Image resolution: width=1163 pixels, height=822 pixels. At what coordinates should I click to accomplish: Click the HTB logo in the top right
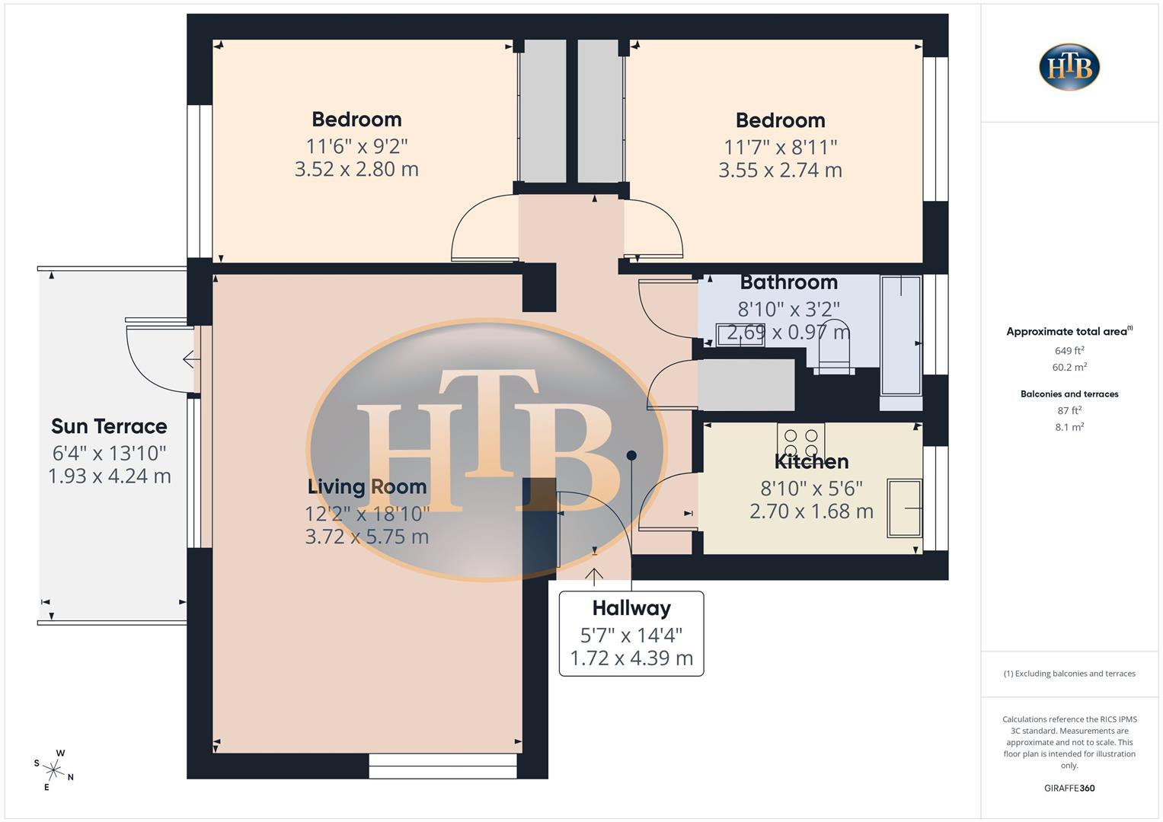tap(1069, 67)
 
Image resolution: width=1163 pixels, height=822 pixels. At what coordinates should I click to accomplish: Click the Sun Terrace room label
tap(109, 426)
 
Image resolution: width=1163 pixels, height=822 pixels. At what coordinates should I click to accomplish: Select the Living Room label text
tap(366, 486)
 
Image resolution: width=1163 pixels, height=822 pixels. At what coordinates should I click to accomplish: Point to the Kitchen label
tap(811, 461)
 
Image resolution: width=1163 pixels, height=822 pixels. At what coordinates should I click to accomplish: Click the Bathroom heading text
tap(788, 282)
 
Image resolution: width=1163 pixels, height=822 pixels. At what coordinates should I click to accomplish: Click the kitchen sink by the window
tap(904, 508)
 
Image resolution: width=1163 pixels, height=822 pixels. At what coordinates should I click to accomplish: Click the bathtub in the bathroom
tap(901, 335)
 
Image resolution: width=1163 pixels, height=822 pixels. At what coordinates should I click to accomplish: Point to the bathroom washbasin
tap(740, 335)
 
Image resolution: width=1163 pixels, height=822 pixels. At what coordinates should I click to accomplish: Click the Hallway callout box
tap(631, 633)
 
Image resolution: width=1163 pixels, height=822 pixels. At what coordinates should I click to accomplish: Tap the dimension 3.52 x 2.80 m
tap(356, 169)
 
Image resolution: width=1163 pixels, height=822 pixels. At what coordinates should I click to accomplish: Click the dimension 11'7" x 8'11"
tap(780, 146)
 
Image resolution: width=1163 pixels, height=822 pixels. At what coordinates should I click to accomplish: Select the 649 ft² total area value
tap(1069, 351)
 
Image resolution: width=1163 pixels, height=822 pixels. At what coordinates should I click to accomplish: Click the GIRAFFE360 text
tap(1069, 788)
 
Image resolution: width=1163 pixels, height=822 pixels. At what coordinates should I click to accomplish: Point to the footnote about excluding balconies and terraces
tap(1069, 674)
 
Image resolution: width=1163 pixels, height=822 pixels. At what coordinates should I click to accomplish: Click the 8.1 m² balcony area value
tap(1069, 427)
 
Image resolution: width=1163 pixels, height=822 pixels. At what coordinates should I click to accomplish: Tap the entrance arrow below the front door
tap(594, 576)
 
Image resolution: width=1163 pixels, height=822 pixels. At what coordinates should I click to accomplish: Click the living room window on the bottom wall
tap(443, 766)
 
